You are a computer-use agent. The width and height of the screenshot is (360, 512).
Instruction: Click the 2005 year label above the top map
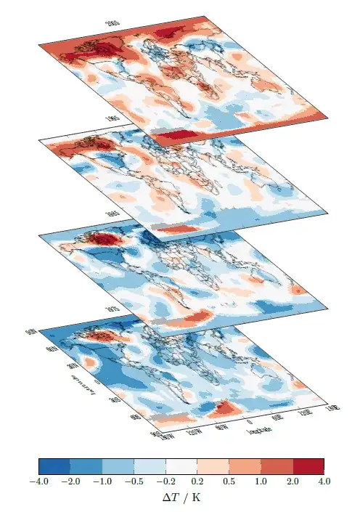tap(112, 24)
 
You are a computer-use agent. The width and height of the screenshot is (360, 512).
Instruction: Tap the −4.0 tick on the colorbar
tap(38, 481)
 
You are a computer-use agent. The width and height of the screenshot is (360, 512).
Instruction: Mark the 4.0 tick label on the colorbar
tap(324, 481)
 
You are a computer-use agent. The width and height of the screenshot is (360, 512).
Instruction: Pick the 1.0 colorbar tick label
tap(261, 481)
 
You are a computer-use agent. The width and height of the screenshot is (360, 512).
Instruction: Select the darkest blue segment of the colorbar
tap(54, 466)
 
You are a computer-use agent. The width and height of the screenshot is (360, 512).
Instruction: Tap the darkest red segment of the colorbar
tap(308, 466)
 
